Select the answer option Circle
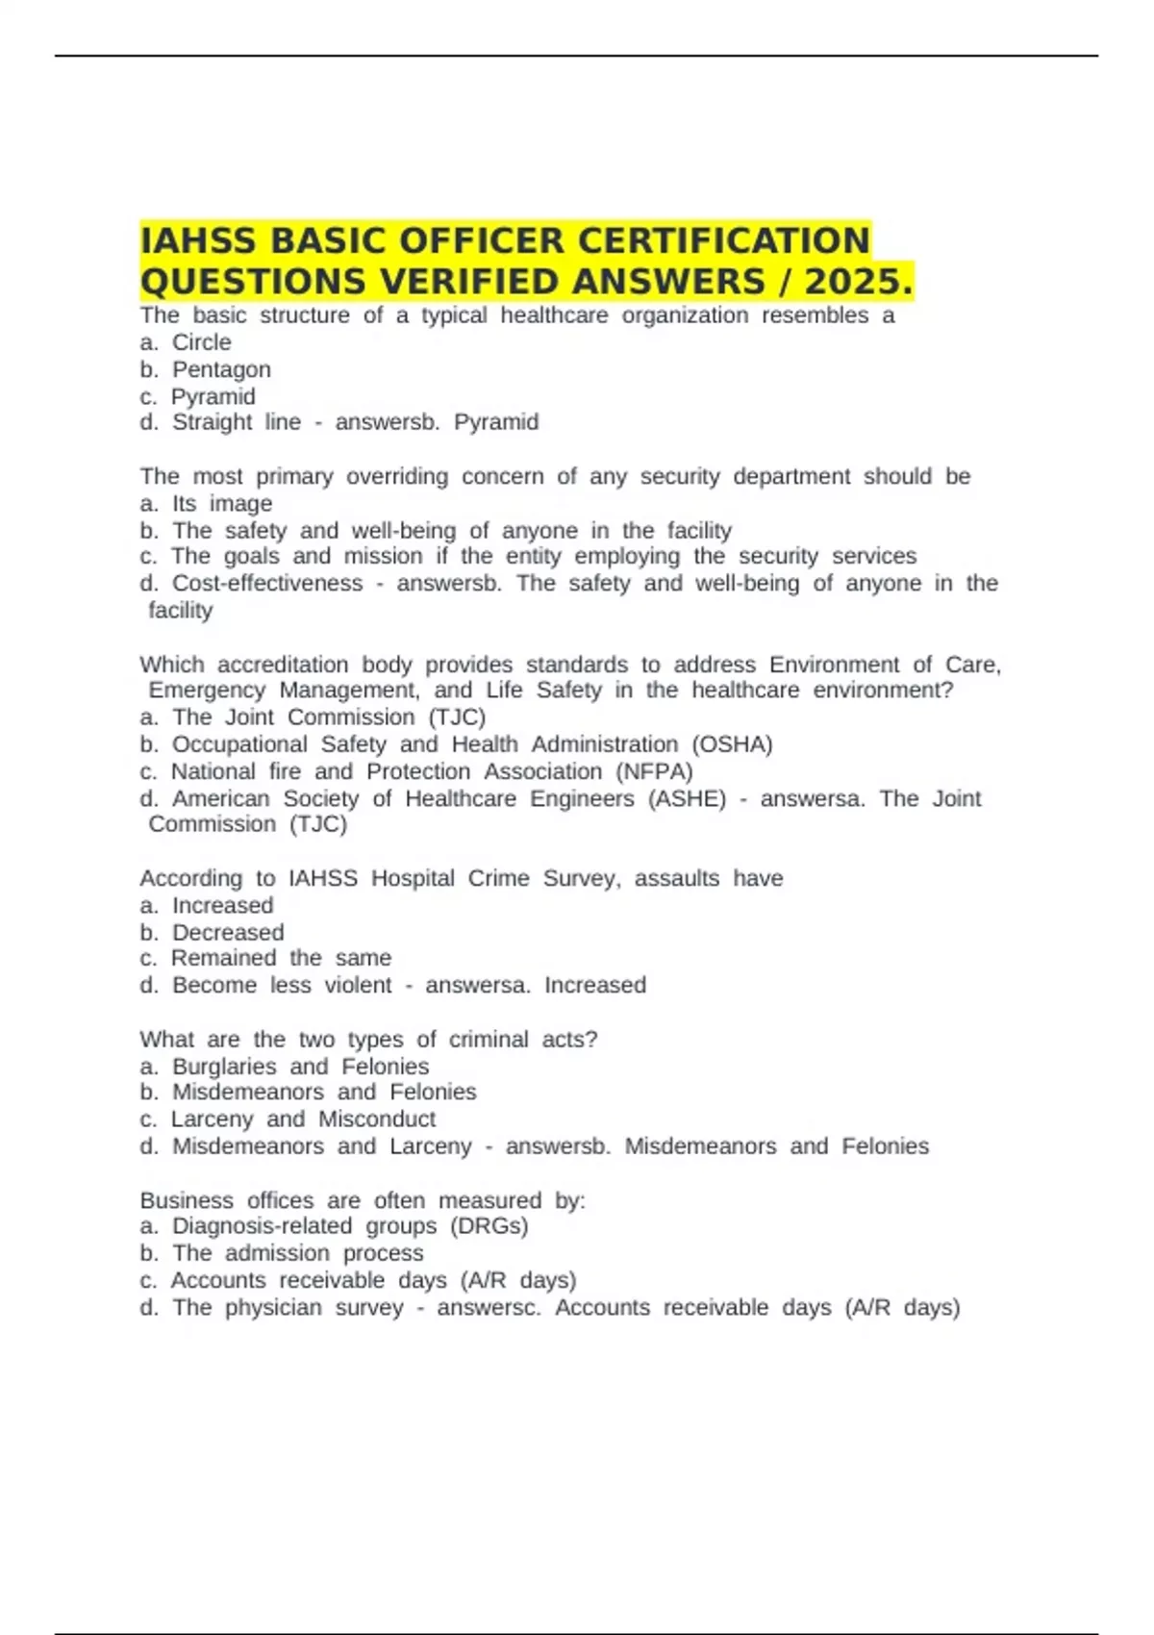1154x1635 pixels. (201, 342)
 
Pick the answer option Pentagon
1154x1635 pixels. (221, 369)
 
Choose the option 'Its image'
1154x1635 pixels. (221, 504)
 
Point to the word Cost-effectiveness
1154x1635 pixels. (267, 584)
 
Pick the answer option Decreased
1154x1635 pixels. (228, 933)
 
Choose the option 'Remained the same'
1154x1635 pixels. (281, 958)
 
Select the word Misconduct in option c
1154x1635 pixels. (377, 1119)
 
